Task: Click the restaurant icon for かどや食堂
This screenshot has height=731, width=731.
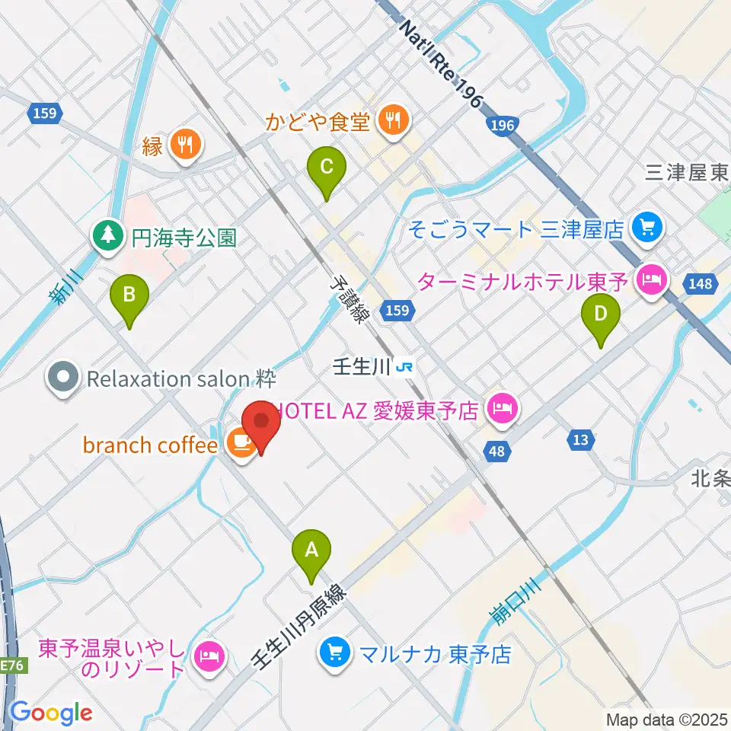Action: pos(393,119)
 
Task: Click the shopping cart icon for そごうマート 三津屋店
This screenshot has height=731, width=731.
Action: pos(647,227)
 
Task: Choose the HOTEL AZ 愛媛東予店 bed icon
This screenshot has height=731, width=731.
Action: pos(503,411)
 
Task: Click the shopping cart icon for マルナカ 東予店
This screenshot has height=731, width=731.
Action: pos(334,653)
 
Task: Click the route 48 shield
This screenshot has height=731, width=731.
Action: pos(496,452)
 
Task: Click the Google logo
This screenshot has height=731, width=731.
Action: pos(51,713)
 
